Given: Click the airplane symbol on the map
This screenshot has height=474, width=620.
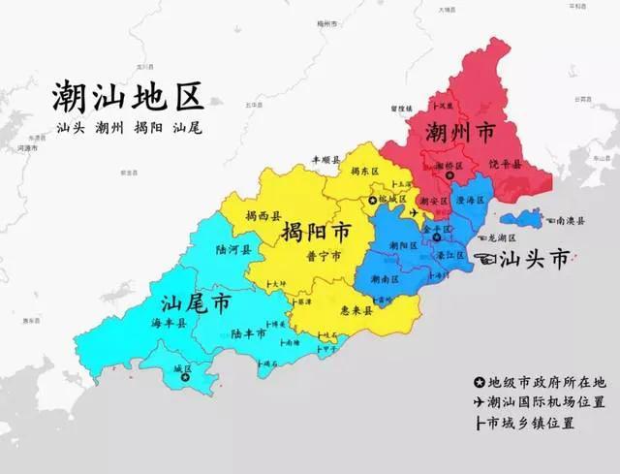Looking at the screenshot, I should pos(416,211).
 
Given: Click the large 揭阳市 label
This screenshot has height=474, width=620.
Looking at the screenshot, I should pos(316,233).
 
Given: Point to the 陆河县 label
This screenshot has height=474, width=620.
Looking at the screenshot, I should pos(232,249).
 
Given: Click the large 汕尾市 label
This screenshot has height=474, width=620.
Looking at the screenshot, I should pos(197,302).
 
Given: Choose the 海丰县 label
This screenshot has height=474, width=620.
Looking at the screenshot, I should pos(168,323).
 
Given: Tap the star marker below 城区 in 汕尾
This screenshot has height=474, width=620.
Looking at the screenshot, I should pos(185,378).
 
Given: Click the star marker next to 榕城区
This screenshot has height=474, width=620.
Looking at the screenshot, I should pos(372,200).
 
